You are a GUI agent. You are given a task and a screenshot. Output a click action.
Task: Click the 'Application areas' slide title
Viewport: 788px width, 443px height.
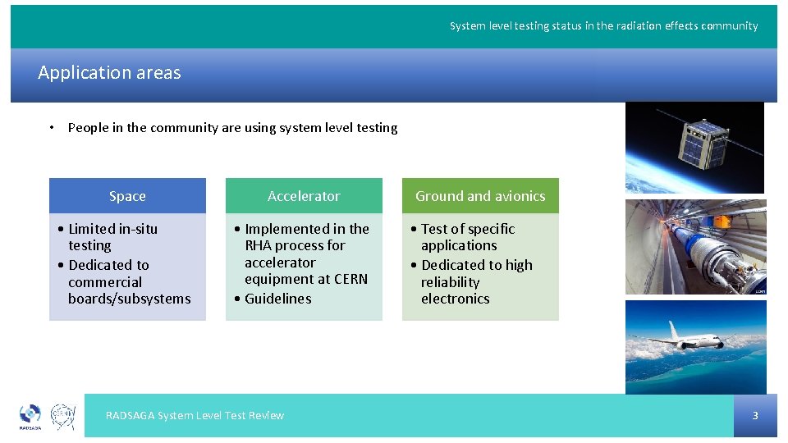point(109,73)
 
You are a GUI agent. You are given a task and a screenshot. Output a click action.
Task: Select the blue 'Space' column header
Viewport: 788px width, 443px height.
point(127,196)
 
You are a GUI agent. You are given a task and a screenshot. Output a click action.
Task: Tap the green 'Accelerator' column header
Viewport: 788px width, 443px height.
point(304,196)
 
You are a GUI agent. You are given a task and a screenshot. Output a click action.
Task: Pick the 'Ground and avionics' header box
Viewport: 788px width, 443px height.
point(480,196)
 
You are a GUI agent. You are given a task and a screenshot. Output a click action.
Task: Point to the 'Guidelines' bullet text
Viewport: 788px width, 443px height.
point(277,299)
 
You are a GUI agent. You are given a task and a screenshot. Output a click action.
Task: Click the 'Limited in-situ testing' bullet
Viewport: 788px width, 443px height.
point(112,237)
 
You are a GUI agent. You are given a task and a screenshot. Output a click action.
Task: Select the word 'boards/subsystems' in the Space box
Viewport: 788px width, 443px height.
point(129,299)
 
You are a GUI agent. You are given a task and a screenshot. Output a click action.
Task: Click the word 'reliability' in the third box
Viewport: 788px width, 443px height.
point(450,282)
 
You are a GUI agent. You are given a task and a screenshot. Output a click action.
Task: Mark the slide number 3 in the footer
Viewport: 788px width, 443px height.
point(755,416)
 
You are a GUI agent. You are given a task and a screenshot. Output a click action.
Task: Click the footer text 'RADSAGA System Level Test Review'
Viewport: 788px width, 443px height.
point(195,416)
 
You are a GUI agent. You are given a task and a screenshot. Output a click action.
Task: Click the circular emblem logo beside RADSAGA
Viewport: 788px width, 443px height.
point(63,415)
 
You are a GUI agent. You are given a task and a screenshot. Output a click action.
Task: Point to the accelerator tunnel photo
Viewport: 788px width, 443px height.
point(695,246)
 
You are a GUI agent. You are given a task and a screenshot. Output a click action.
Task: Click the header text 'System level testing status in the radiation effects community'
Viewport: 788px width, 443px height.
point(603,26)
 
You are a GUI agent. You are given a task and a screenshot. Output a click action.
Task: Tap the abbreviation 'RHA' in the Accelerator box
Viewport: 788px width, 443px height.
point(258,245)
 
